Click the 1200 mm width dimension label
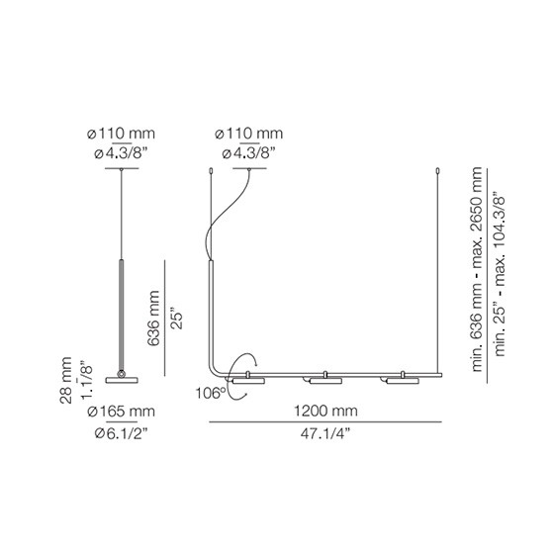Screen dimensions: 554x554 click(x=325, y=411)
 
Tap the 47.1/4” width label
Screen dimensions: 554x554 click(x=325, y=433)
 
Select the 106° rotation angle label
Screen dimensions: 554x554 click(x=211, y=393)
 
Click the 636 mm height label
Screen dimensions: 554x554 click(x=153, y=318)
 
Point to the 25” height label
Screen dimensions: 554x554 click(x=177, y=321)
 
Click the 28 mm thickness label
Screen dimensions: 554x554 click(x=65, y=381)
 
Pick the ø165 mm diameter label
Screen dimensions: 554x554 click(x=121, y=412)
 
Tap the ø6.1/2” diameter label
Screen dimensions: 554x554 click(x=121, y=433)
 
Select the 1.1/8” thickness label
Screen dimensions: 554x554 click(x=87, y=380)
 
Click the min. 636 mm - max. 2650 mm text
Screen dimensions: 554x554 click(x=477, y=269)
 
